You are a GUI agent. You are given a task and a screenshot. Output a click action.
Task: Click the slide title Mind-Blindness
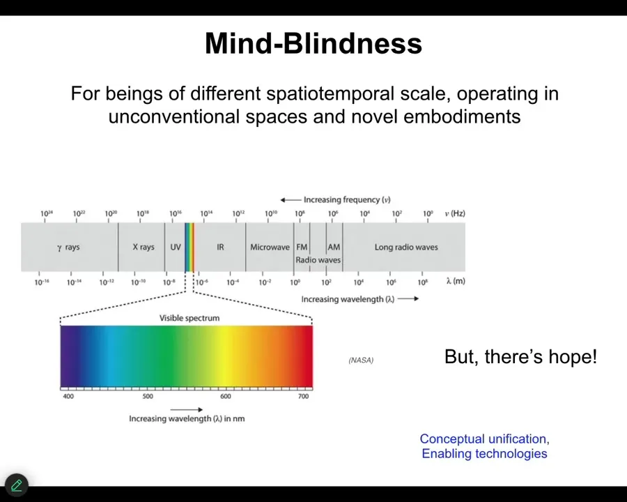click(313, 43)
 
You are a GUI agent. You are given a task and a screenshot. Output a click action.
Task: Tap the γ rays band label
click(68, 248)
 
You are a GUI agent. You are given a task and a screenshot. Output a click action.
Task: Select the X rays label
click(144, 247)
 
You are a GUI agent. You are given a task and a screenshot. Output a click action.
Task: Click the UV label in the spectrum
click(176, 247)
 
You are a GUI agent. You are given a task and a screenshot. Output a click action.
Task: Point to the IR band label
click(220, 247)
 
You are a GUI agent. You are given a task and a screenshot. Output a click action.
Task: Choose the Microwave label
click(270, 247)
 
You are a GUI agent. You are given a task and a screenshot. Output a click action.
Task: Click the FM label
click(302, 247)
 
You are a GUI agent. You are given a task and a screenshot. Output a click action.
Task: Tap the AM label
click(334, 247)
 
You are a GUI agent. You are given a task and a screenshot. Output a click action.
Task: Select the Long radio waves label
click(406, 247)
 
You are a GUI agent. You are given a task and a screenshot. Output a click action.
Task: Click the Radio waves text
click(318, 260)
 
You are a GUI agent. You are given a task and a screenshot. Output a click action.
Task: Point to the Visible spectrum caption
click(189, 318)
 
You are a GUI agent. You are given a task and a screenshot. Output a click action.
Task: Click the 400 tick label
click(68, 396)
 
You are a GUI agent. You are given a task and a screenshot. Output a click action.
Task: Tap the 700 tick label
click(304, 396)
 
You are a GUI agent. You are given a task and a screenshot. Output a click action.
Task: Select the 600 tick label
click(226, 396)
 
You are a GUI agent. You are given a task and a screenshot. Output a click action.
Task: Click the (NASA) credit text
click(361, 360)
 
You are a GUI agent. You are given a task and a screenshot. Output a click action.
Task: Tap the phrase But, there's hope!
click(520, 356)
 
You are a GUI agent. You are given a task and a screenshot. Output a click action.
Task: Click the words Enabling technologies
click(485, 454)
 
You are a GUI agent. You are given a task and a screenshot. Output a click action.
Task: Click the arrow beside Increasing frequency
click(291, 200)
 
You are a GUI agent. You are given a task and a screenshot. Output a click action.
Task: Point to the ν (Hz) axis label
click(455, 213)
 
